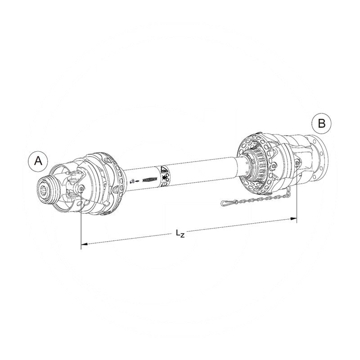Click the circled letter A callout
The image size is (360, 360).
(39, 161)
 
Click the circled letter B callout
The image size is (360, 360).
(321, 123)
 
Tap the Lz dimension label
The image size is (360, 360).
(180, 233)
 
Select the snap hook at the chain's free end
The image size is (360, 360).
(225, 203)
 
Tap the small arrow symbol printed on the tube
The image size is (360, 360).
(137, 181)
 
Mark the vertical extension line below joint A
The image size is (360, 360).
(81, 220)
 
